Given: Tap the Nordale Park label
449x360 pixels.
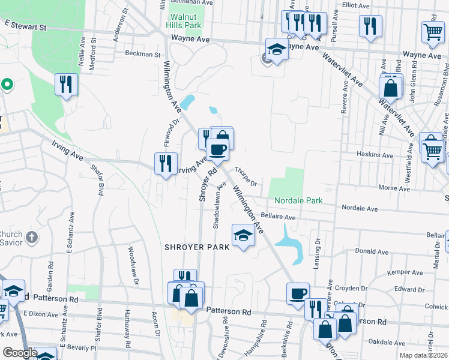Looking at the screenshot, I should click(x=299, y=200).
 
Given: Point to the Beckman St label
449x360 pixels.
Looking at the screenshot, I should click(x=143, y=53).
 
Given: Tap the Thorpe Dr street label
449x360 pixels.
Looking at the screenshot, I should click(x=246, y=176).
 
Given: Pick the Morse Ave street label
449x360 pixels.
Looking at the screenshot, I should click(x=394, y=188).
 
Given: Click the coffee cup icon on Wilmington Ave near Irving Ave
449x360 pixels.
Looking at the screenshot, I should click(x=217, y=149).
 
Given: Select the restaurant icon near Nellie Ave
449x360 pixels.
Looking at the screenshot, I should click(x=66, y=83).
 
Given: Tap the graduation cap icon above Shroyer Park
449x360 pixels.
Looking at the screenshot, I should click(x=243, y=235).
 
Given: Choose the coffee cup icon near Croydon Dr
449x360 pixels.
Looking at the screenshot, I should click(x=298, y=293).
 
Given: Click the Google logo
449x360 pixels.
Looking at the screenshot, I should click(x=19, y=353).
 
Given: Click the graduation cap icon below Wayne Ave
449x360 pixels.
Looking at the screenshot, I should click(x=277, y=49).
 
